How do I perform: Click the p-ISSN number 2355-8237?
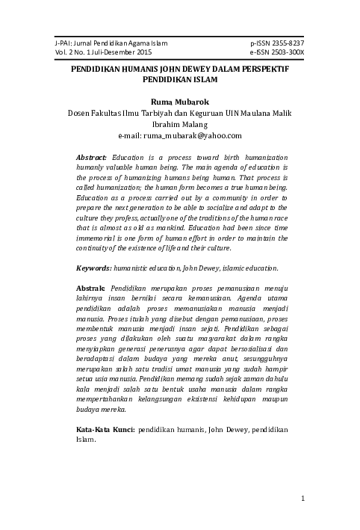click(288, 44)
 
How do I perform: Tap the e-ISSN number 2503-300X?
click(288, 53)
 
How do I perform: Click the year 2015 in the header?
click(140, 53)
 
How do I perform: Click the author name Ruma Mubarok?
click(180, 101)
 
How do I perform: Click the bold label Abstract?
click(92, 158)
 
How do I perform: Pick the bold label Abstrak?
click(91, 288)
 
